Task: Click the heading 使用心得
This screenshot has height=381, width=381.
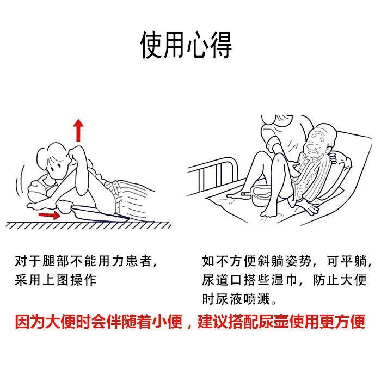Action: coord(187,45)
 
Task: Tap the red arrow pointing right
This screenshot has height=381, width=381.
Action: coord(50,216)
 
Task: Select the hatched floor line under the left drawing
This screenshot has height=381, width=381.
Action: coord(87,225)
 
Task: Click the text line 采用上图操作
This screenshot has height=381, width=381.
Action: coord(56,280)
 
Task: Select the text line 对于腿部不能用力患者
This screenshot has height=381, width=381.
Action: coord(85,261)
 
